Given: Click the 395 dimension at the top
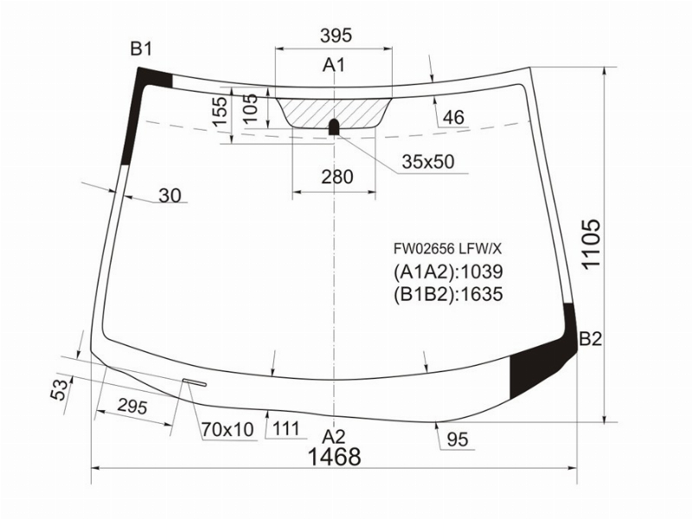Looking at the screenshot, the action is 336,35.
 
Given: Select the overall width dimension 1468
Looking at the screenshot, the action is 334,457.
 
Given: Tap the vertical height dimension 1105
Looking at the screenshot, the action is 592,243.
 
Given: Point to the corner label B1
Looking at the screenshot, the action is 141,48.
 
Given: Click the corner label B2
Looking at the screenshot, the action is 590,339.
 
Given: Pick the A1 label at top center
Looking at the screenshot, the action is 334,65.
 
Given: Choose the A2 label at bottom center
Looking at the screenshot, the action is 333,437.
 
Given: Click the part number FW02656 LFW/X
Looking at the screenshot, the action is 447,249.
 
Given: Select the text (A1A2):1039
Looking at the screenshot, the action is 448,272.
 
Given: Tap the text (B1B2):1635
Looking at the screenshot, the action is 448,294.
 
